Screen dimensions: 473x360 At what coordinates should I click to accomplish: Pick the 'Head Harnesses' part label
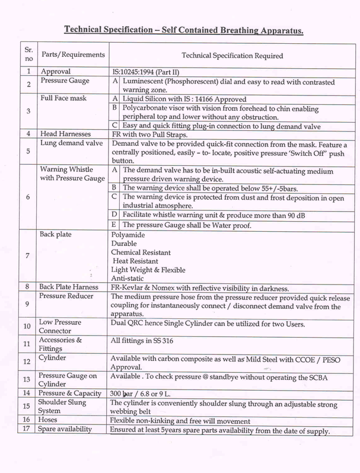[63, 134]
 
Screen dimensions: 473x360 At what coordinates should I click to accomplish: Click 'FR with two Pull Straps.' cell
[147, 134]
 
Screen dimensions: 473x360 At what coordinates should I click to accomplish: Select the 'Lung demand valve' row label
[66, 143]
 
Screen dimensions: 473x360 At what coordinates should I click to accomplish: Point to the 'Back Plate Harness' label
[69, 287]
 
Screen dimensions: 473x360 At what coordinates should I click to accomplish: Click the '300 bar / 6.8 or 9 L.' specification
[148, 393]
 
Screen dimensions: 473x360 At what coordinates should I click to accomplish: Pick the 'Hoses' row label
[49, 420]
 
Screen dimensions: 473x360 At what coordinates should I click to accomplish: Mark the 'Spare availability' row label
[65, 429]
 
